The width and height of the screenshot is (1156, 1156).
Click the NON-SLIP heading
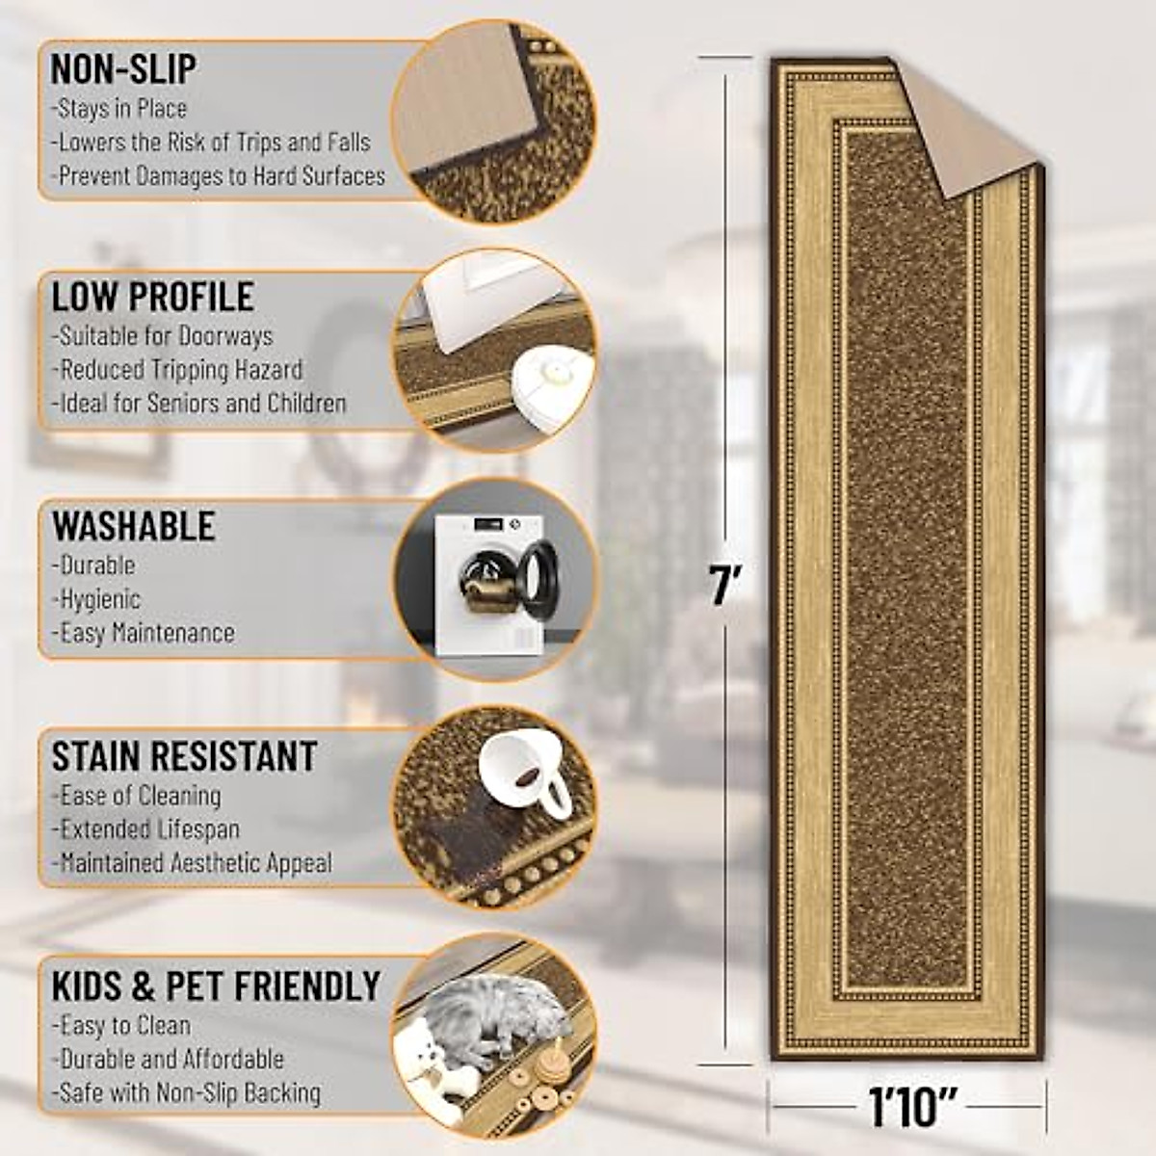pyautogui.click(x=123, y=69)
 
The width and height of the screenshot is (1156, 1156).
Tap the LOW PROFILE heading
pyautogui.click(x=153, y=297)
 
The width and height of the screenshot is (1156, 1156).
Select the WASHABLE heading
pyautogui.click(x=134, y=526)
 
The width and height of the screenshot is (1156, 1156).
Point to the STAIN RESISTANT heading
pyautogui.click(x=184, y=757)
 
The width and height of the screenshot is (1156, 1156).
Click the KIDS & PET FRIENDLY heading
pyautogui.click(x=217, y=986)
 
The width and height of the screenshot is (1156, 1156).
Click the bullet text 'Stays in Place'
pyautogui.click(x=119, y=109)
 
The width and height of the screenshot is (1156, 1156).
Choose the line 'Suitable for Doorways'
pyautogui.click(x=163, y=336)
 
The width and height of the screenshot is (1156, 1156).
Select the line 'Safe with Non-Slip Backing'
pyautogui.click(x=186, y=1092)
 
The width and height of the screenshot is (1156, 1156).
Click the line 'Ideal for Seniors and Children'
pyautogui.click(x=199, y=403)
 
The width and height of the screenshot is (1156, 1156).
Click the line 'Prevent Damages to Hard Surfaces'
pyautogui.click(x=219, y=176)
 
